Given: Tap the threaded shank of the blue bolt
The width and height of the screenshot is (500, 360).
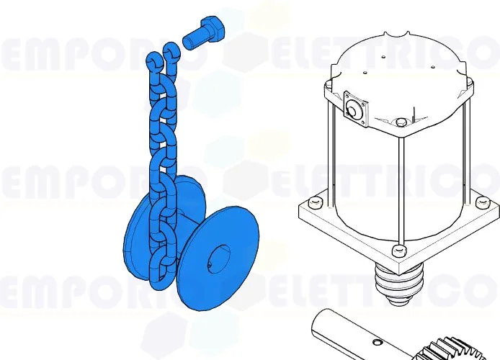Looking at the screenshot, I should pos(192,37).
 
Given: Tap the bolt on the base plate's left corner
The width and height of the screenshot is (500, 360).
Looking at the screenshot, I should pos(314,197).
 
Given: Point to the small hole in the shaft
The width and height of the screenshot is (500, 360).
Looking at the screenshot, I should pos(377,336).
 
